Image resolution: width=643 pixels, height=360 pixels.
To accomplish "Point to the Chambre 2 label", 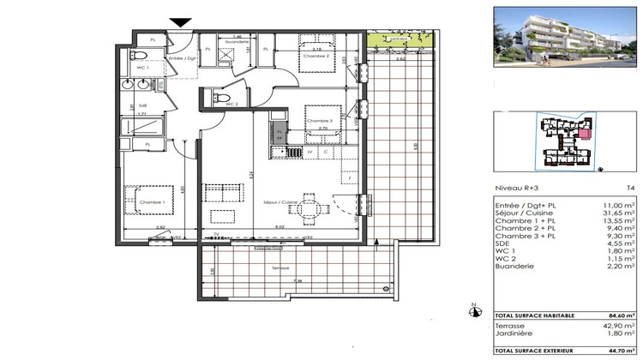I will point(315,55).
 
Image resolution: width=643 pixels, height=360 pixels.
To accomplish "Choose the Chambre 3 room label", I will point(319,121).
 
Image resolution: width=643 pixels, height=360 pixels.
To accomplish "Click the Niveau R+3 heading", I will point(515,187).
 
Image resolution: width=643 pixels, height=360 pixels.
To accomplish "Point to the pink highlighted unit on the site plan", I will point(586,132).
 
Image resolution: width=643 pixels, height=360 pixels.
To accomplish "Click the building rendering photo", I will point(566,36).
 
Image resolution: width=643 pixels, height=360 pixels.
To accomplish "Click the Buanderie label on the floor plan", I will point(237,42).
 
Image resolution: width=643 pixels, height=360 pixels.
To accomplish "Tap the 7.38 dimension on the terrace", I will point(297,280).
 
